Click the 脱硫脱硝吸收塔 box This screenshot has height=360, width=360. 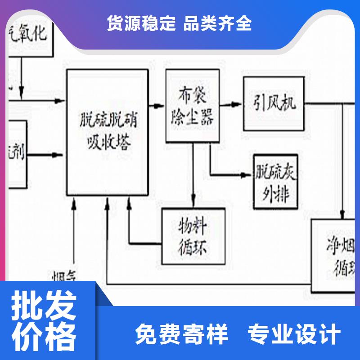(x=108, y=132)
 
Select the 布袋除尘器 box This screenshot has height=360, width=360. (x=193, y=106)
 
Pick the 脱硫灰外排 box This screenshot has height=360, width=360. (x=275, y=182)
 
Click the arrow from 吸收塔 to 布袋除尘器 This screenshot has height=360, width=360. (x=157, y=106)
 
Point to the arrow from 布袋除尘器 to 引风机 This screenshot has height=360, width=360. (x=231, y=104)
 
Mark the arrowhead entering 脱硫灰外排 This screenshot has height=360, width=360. (x=247, y=175)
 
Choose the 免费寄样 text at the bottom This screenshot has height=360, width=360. (x=182, y=334)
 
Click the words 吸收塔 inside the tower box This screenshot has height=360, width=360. (x=108, y=143)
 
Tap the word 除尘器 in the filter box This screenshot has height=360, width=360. (x=193, y=118)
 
